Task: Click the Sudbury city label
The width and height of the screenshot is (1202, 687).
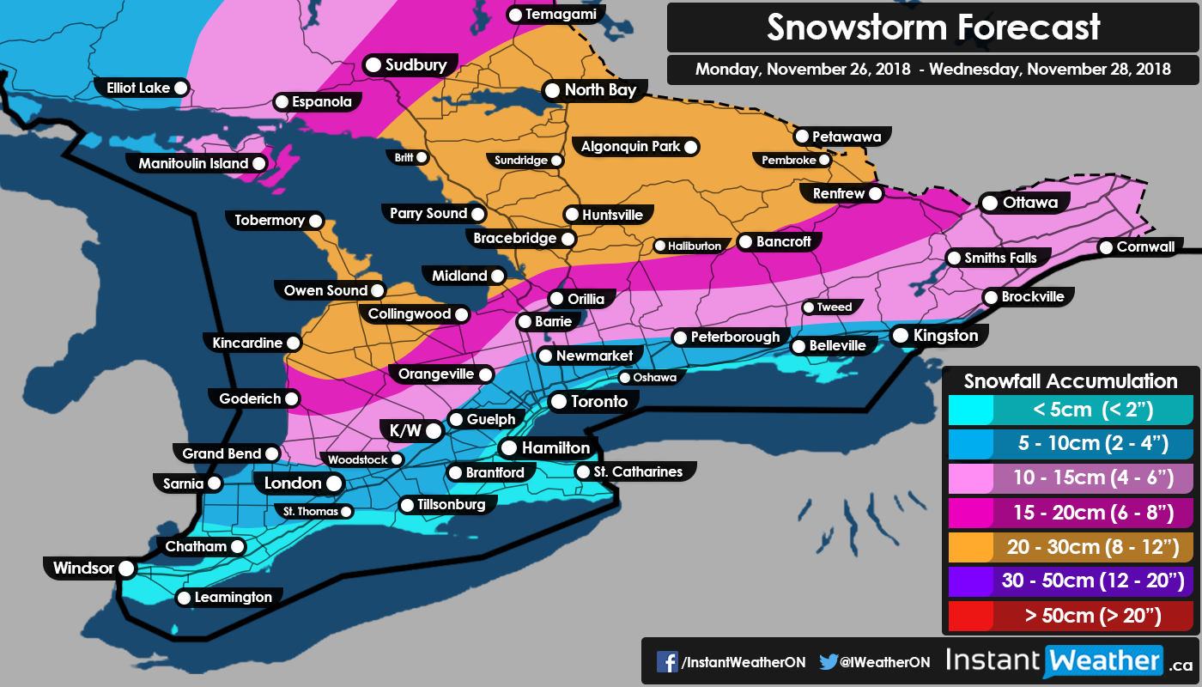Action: [x=416, y=65]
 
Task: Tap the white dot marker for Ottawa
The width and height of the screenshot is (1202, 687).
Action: [x=989, y=204]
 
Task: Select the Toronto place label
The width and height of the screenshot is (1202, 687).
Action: [x=599, y=401]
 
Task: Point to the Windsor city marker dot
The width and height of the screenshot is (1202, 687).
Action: [x=126, y=568]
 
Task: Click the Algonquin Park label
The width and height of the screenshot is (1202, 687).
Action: [x=630, y=147]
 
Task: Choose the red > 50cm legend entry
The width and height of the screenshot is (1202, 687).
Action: [x=1069, y=615]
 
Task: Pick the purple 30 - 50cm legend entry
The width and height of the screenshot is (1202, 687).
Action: [x=1069, y=581]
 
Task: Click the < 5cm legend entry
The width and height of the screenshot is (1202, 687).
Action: [x=1069, y=409]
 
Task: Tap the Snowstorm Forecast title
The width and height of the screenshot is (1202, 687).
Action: [x=932, y=27]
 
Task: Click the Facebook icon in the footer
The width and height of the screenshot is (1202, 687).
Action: [x=667, y=661]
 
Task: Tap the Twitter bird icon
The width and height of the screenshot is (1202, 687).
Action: [x=828, y=661]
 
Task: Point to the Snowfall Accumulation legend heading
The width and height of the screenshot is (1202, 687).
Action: [x=1070, y=381]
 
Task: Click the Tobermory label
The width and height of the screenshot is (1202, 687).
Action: [x=270, y=221]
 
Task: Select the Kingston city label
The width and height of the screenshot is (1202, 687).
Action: [x=945, y=335]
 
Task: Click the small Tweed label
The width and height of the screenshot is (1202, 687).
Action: [x=834, y=307]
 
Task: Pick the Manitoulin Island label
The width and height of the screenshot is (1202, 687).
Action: [x=193, y=163]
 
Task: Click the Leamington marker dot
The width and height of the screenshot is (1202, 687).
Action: [x=184, y=599]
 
